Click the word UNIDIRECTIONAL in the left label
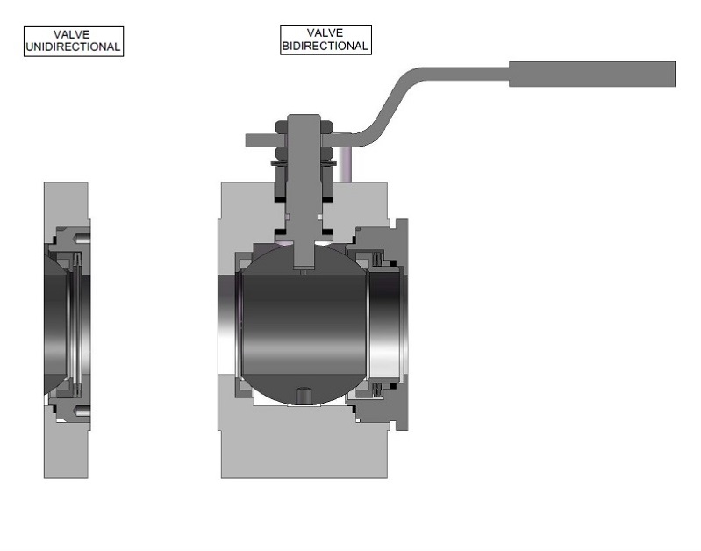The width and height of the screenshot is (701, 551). [x=73, y=47]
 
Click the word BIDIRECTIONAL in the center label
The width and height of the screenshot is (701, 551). [x=325, y=46]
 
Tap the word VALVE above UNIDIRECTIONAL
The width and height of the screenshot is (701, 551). [x=72, y=34]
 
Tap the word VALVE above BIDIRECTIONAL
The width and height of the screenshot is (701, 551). [x=325, y=33]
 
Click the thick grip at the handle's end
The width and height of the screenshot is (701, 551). [x=592, y=74]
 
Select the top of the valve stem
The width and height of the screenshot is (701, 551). [x=304, y=122]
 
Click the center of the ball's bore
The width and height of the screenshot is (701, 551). [x=304, y=325]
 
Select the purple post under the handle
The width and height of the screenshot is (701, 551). [x=348, y=165]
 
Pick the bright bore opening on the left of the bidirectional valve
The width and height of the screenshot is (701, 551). [x=232, y=325]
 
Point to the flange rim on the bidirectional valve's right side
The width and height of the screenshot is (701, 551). [x=402, y=325]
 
